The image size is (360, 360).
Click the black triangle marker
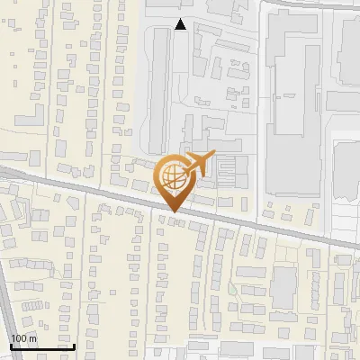(x=181, y=25)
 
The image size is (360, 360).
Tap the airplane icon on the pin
(x=199, y=165)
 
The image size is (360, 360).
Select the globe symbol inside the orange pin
(x=173, y=177)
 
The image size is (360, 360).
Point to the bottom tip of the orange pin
(x=173, y=211)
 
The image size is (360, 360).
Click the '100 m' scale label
(x=24, y=337)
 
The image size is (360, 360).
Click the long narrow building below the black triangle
(x=160, y=81)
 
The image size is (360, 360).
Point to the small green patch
(x=232, y=289)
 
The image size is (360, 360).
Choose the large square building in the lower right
(x=284, y=286)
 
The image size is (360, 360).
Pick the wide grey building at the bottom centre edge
(x=238, y=349)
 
